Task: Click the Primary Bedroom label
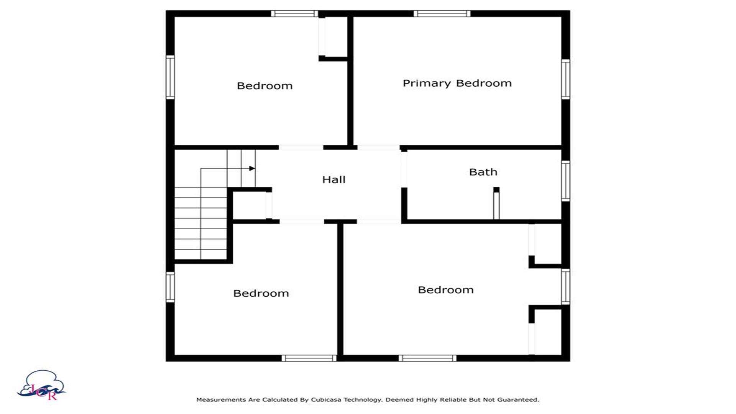point(457,84)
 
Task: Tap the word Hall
point(333,179)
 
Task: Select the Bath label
point(483,172)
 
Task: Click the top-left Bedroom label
point(264,85)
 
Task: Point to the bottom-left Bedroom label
point(261,293)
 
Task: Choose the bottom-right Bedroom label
point(445,290)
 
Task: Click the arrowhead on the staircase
point(252,168)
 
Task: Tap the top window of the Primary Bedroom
point(442,14)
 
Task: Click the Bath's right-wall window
point(566,181)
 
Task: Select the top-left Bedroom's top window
point(294,14)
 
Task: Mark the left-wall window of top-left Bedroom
point(170,77)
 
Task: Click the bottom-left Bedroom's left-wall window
point(170,287)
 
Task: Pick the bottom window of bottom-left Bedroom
point(309,358)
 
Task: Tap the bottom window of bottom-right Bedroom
point(427,358)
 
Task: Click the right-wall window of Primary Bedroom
point(566,79)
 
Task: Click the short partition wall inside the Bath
point(496,203)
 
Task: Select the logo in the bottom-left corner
point(41,385)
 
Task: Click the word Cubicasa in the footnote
point(327,399)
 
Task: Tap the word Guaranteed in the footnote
point(518,399)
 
